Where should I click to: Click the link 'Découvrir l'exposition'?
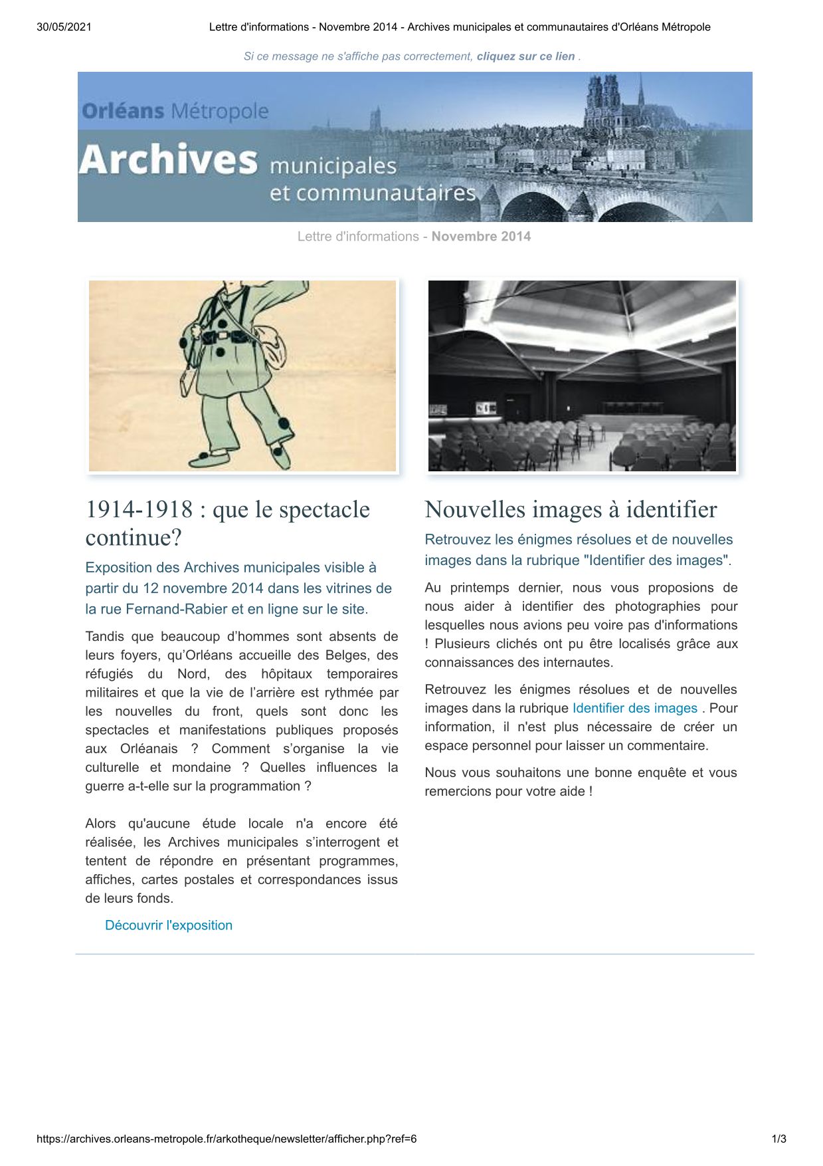(x=169, y=925)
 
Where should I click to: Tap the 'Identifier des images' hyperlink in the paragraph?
(x=634, y=708)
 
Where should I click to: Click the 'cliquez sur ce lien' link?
(x=525, y=57)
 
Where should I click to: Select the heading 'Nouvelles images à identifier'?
(x=571, y=510)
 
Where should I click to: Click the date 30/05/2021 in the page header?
(x=64, y=27)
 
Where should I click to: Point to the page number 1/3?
(x=778, y=1139)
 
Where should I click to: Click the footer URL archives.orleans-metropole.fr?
(x=227, y=1139)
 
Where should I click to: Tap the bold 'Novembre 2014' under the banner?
(x=481, y=237)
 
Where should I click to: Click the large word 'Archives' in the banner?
(x=168, y=160)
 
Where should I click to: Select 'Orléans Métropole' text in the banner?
(x=175, y=111)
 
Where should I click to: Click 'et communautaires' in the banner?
(x=373, y=193)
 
